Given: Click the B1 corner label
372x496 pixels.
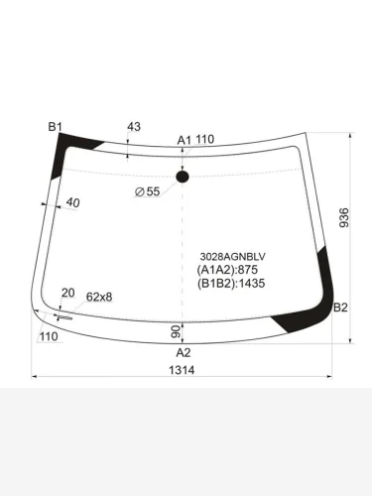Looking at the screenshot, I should tap(56, 126).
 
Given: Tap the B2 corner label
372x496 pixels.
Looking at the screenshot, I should tap(340, 307).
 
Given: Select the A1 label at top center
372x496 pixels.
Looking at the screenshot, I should tap(184, 140).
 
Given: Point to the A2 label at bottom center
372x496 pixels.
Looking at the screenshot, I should tap(183, 352).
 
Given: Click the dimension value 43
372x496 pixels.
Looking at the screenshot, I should tap(134, 126).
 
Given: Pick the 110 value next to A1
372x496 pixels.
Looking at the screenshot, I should tap(204, 140).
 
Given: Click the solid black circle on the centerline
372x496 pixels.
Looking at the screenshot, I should tap(183, 178).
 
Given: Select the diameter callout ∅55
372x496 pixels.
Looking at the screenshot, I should tap(147, 191).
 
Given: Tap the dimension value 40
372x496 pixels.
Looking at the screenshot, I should tap(72, 203).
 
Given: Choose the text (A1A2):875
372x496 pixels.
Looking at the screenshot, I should tap(226, 269).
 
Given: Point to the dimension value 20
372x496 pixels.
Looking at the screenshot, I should tap(67, 293).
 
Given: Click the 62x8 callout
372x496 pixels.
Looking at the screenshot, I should tap(99, 297).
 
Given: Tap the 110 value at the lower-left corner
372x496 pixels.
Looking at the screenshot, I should tap(48, 337).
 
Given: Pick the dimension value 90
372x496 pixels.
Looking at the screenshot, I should tap(176, 330).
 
